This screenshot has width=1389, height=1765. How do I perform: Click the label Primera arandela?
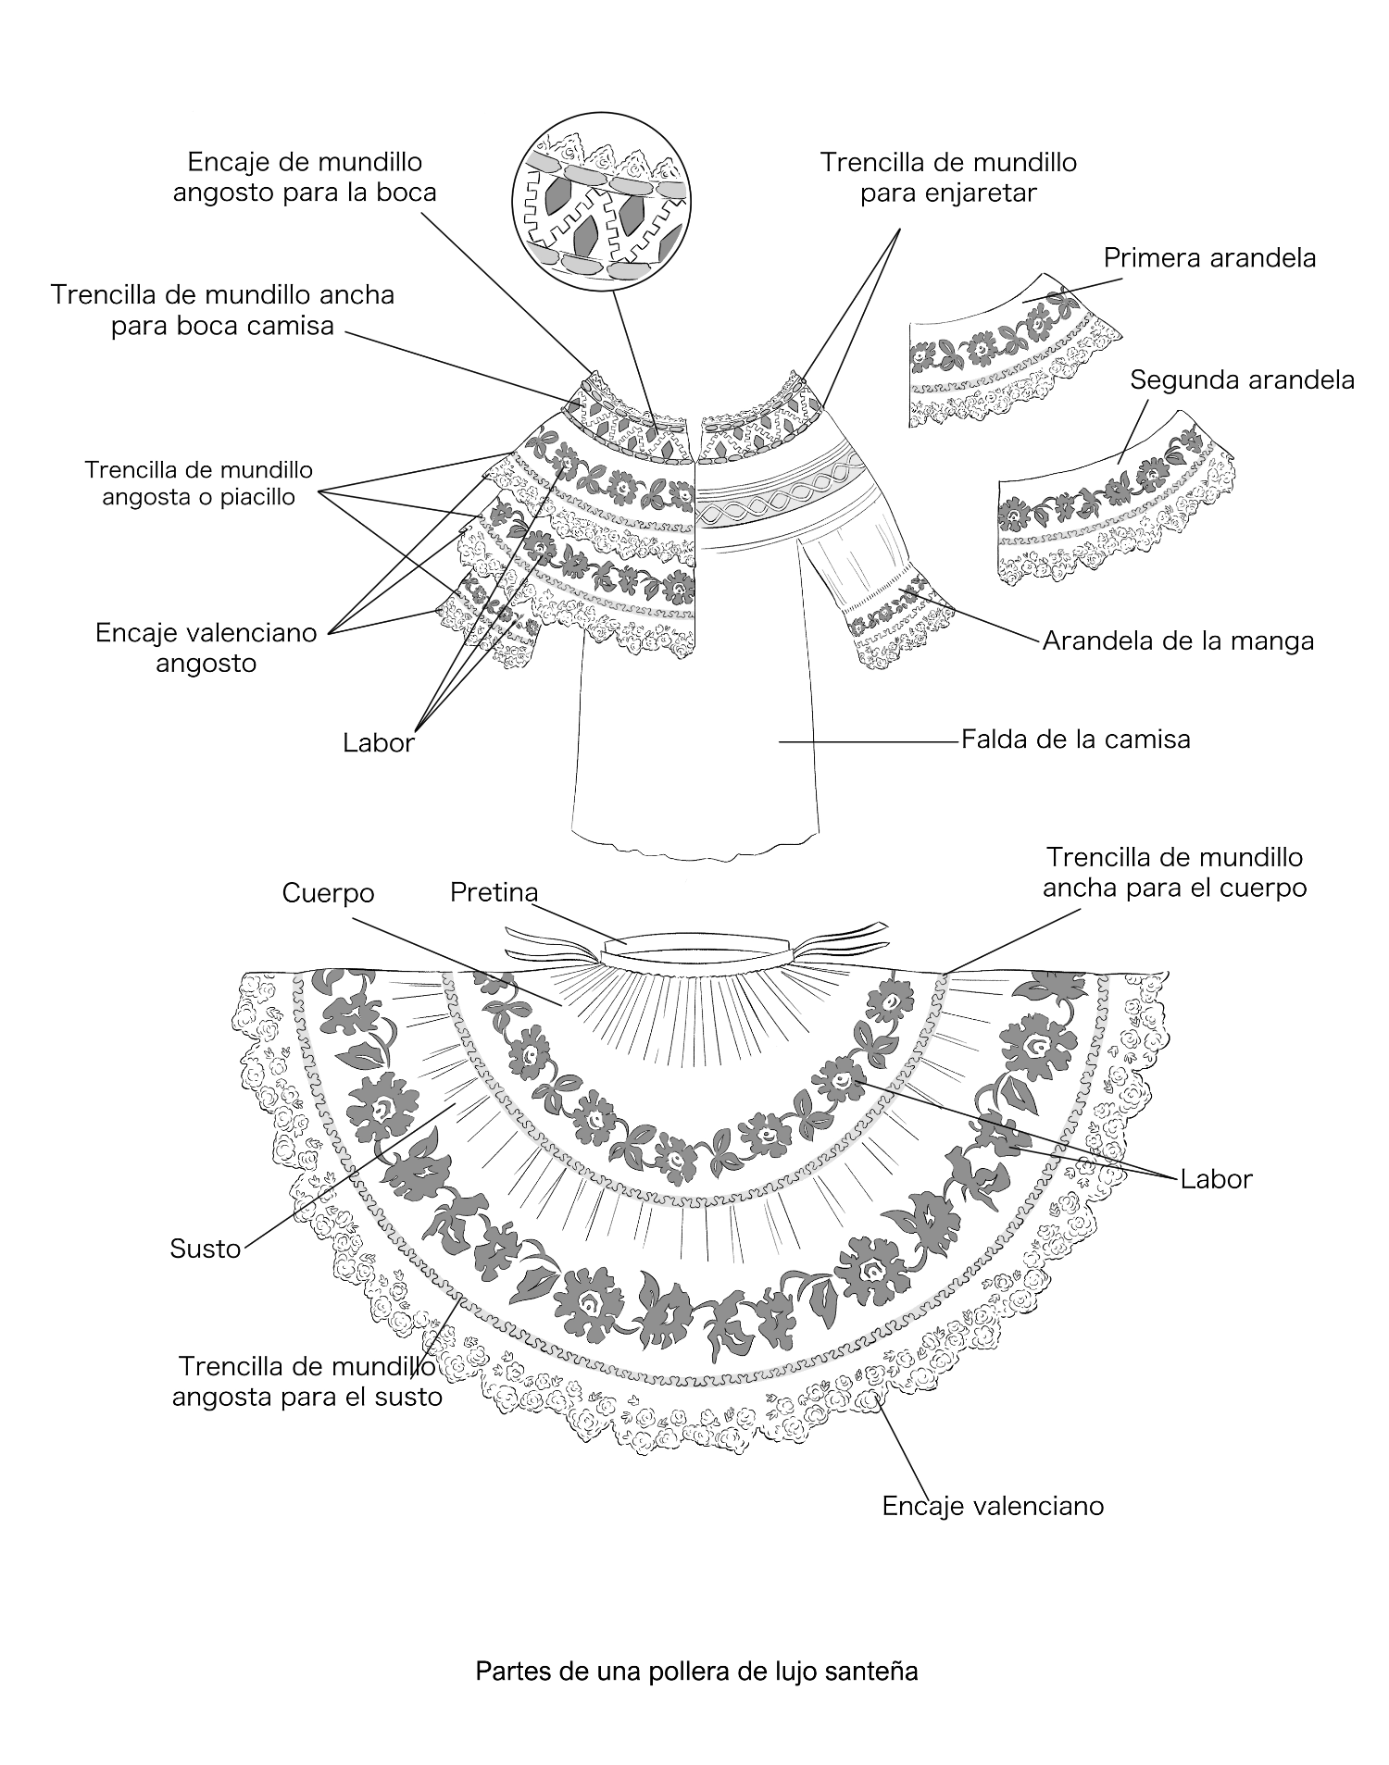(1209, 257)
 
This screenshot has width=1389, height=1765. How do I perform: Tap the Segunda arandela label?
(1241, 379)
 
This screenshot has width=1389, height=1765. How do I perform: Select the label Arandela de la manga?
(1178, 640)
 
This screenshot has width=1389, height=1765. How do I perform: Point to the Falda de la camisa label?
(1075, 740)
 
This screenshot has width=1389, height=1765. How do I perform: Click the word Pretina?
(494, 892)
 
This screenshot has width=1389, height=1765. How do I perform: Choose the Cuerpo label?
(328, 893)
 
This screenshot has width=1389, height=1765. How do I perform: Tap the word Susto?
(205, 1249)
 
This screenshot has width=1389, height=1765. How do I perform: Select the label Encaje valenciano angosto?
(206, 648)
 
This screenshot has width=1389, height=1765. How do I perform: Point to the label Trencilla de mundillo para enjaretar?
(948, 178)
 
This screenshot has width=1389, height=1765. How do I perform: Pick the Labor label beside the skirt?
(1216, 1179)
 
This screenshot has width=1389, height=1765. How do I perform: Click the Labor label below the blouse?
(378, 743)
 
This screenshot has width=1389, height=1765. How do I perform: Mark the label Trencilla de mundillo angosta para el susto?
(307, 1381)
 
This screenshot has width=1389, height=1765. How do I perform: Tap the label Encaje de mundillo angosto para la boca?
(305, 177)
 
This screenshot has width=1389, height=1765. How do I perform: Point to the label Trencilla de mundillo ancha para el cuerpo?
(1173, 872)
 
